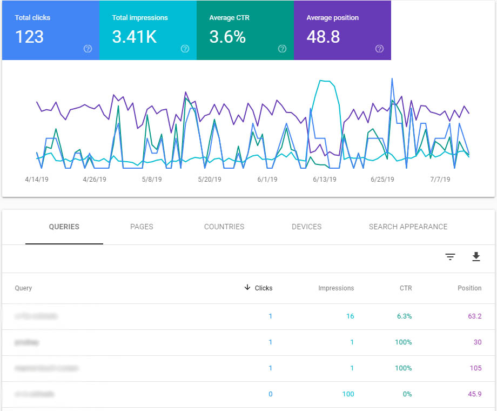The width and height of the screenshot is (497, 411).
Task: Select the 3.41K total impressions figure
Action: coord(134,37)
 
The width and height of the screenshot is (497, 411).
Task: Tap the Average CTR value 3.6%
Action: coord(227,37)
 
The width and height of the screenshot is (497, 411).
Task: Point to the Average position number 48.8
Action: coord(324,37)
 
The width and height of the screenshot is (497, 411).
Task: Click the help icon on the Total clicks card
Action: coord(88,49)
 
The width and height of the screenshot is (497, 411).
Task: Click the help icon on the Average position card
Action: coord(379,49)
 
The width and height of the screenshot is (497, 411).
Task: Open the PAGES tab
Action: coord(142,227)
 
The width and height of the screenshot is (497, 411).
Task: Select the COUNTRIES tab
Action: coord(224,227)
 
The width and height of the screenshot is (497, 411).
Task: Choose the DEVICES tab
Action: coord(306,227)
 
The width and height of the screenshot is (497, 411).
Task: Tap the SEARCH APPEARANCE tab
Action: coord(408,227)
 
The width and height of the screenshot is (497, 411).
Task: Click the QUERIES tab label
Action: coord(64,227)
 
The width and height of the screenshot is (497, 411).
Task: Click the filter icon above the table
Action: coord(451,257)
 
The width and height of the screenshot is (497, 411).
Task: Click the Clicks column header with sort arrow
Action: coord(259,288)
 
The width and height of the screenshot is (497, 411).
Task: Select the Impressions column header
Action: coord(336,288)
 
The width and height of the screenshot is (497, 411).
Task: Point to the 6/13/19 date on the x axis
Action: coord(325,180)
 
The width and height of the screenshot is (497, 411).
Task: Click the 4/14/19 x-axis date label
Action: coord(36,180)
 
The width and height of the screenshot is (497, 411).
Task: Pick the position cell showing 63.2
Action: coord(475,316)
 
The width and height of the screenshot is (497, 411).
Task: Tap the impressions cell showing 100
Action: coord(348,394)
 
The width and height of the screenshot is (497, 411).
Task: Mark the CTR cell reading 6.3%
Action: coord(404,316)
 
